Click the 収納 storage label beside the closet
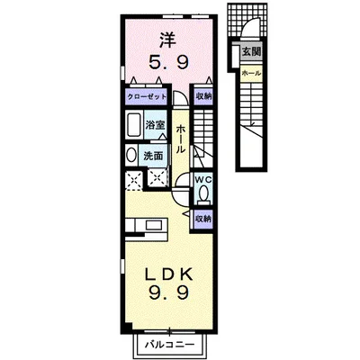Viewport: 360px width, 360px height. point(202,95)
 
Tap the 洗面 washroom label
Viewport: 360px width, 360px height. point(154,155)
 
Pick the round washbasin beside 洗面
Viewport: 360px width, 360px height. point(129,154)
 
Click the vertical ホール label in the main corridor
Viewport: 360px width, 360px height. point(181,140)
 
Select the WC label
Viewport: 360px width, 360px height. point(203,178)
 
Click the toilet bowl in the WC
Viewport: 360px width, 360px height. point(204,193)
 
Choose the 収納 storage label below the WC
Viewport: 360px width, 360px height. point(203,218)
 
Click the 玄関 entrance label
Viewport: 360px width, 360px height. point(251,53)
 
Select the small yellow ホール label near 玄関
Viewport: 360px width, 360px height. point(251,71)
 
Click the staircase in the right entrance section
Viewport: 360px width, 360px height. point(253,117)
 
